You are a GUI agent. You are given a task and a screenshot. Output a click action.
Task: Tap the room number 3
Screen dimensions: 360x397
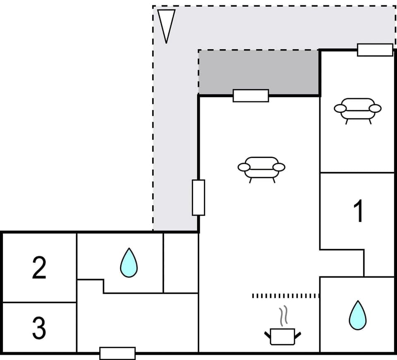39,328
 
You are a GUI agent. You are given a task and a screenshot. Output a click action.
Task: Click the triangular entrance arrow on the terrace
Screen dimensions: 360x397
166,24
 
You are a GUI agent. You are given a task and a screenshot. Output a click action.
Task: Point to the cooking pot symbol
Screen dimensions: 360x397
282,336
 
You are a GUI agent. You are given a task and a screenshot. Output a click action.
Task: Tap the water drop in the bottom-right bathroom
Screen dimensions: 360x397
357,315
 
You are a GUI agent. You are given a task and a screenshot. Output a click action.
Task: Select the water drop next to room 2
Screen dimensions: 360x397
129,263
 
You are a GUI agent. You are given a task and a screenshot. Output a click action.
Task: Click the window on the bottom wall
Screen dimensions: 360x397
117,353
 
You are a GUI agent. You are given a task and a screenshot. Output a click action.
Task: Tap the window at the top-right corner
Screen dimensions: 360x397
375,50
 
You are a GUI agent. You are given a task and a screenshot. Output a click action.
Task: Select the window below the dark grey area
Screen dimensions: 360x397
251,96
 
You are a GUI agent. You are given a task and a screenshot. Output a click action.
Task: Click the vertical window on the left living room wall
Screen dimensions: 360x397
198,197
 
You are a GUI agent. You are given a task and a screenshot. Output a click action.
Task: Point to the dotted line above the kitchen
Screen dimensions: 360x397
286,296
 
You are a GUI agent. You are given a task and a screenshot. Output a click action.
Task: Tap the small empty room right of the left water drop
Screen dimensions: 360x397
181,262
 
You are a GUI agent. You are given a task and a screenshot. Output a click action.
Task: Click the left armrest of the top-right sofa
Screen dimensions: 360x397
340,108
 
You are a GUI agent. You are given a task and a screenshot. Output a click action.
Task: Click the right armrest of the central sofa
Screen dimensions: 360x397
279,167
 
